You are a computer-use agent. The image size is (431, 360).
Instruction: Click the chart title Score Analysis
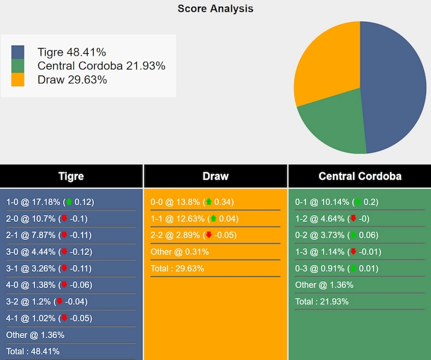215,8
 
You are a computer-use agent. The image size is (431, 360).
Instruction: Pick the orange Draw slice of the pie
325,62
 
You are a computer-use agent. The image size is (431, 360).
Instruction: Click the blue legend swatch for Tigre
17,52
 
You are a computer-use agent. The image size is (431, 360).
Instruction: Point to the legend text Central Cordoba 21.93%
101,66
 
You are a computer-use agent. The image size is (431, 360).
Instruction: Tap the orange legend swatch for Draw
17,79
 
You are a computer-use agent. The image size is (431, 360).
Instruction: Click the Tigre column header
71,176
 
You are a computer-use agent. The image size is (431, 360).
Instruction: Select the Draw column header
215,176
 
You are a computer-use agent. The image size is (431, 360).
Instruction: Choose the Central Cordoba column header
360,176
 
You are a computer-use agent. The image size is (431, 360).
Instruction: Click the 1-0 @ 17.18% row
50,202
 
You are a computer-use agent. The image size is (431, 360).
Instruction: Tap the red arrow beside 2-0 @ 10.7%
64,219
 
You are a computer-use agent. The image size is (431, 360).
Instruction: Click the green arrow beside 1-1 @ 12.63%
213,219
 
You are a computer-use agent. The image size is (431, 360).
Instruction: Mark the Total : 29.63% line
177,268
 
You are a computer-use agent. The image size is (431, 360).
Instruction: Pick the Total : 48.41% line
33,351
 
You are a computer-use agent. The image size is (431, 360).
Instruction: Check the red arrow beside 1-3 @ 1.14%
353,252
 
